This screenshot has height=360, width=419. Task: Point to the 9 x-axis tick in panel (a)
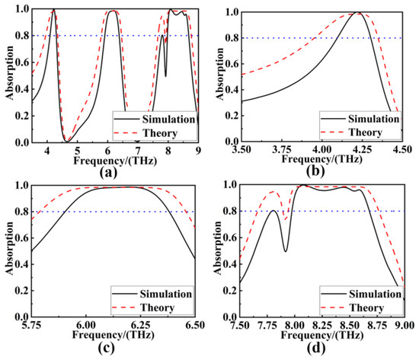[198, 151]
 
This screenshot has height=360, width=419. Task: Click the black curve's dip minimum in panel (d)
[286, 251]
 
